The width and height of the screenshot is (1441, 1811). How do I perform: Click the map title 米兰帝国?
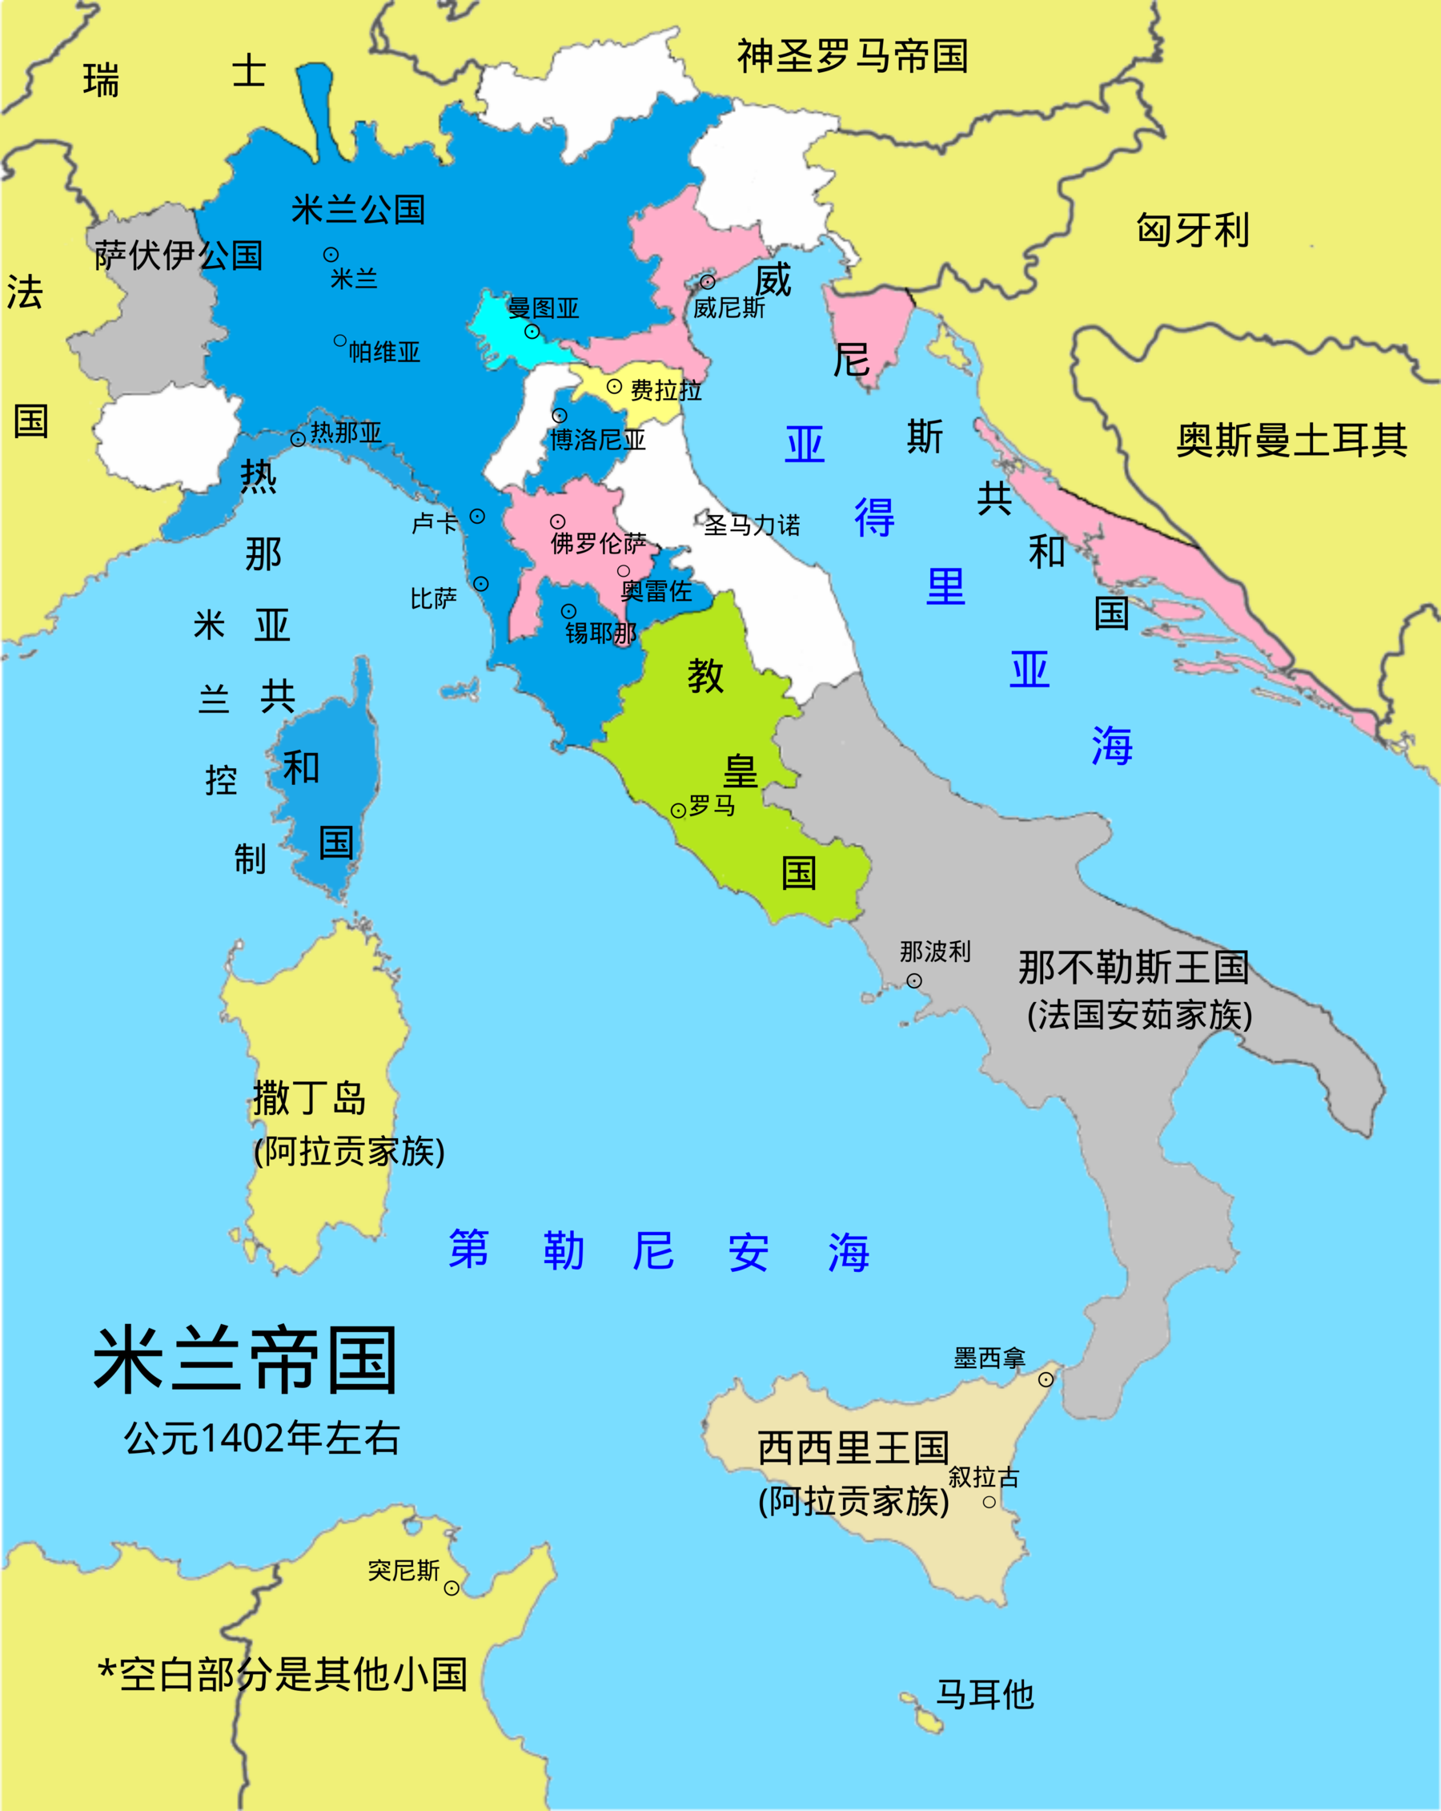point(244,1360)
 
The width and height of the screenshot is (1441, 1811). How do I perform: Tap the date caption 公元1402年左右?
point(261,1437)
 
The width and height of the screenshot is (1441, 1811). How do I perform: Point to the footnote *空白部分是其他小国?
point(282,1674)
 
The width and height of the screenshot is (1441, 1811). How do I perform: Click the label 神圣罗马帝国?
point(853,56)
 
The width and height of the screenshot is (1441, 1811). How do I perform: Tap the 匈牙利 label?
point(1193,229)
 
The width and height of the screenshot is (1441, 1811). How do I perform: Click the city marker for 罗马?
point(679,811)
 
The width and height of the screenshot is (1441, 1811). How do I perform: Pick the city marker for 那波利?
point(914,980)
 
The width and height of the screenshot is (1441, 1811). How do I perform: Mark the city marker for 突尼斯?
point(452,1588)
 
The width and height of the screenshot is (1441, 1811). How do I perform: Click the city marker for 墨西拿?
point(1046,1379)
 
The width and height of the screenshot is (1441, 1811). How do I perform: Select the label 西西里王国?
point(853,1448)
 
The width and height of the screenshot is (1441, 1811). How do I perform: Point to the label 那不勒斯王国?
point(1134,967)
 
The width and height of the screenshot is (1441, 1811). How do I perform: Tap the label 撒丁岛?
point(309,1098)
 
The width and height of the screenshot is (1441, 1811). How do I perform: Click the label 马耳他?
point(984,1694)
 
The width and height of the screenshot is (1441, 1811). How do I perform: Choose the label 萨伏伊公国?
point(178,255)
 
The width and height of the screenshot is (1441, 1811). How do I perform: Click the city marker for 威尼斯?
point(708,281)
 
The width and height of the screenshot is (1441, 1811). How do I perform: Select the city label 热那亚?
point(346,433)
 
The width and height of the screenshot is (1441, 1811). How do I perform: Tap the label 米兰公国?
point(358,209)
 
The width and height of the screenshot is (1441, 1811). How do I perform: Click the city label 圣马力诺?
point(752,525)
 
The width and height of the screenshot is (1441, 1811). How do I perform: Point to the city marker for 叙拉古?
point(989,1502)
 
